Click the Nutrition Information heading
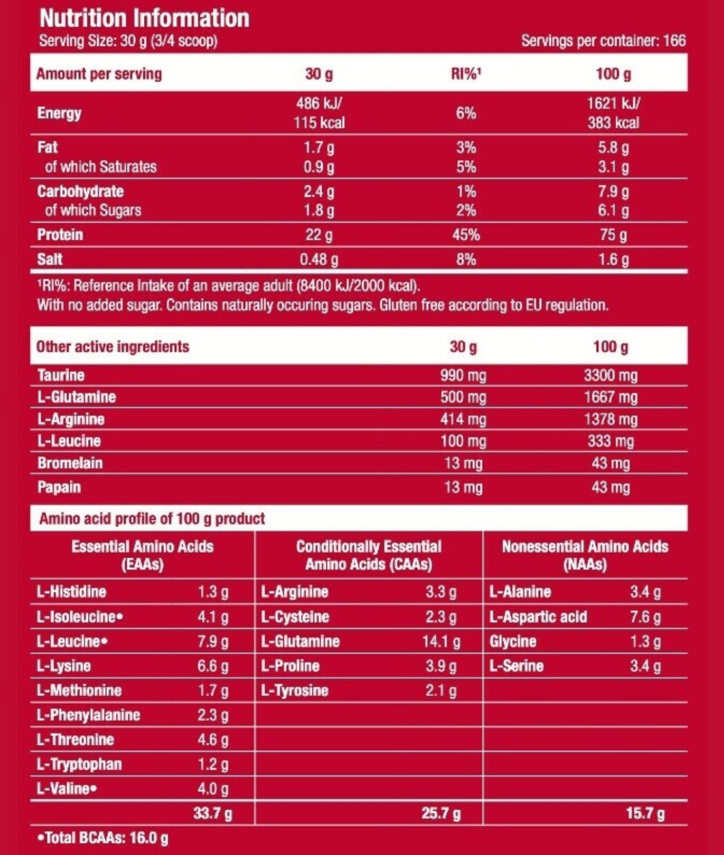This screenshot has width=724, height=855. [x=144, y=18]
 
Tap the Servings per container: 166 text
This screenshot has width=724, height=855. [x=603, y=40]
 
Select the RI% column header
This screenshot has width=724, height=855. [x=466, y=74]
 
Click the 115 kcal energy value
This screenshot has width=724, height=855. [x=319, y=122]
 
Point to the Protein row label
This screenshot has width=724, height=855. [x=60, y=235]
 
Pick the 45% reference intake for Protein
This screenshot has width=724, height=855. [x=466, y=235]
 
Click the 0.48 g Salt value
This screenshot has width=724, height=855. [x=319, y=259]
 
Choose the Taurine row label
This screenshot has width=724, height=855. [x=61, y=375]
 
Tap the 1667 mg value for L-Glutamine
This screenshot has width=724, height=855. [x=611, y=397]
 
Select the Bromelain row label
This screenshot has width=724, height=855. [x=70, y=463]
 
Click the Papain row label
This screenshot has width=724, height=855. [x=59, y=487]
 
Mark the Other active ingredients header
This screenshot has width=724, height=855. [x=112, y=347]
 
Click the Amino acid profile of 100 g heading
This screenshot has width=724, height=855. [x=152, y=519]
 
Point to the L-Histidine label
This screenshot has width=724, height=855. [x=71, y=592]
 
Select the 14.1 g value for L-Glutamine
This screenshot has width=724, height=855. [x=441, y=641]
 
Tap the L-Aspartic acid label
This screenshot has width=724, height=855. [x=537, y=617]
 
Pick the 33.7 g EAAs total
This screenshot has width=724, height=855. [x=212, y=813]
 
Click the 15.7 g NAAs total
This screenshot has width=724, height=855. [x=645, y=813]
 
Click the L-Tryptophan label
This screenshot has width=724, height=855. [x=79, y=764]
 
